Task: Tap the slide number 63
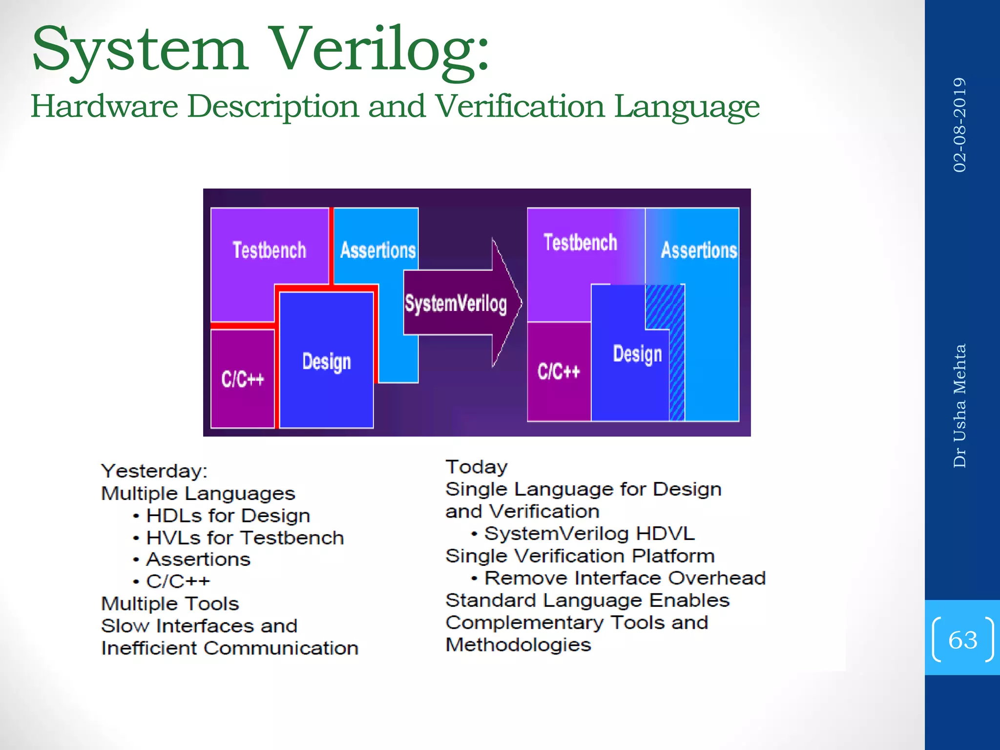click(962, 640)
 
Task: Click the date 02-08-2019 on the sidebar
click(959, 125)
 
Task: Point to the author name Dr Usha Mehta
click(959, 406)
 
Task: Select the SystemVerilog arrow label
click(456, 303)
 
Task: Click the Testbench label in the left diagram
click(269, 250)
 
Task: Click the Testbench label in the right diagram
click(580, 243)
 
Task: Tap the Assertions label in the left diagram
click(378, 250)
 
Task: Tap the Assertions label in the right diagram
click(699, 250)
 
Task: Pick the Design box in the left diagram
click(326, 362)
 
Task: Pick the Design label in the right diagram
click(637, 354)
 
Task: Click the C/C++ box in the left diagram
click(242, 379)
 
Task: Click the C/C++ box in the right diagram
click(559, 372)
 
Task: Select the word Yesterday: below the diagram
click(154, 471)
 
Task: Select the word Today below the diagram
click(477, 467)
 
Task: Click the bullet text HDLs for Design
click(228, 516)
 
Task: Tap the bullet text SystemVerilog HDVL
click(589, 534)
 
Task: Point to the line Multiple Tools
click(170, 604)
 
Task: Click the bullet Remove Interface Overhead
click(625, 578)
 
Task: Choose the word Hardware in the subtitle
click(104, 106)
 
